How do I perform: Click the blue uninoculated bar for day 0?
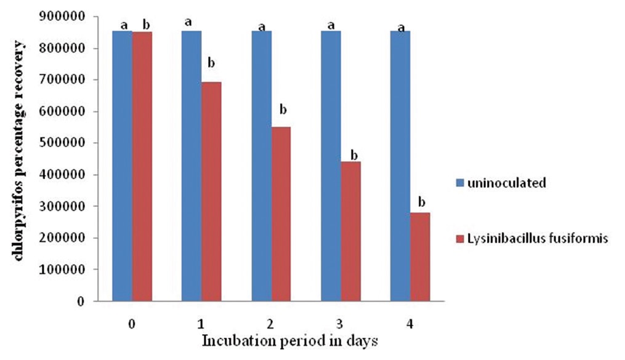click(x=123, y=166)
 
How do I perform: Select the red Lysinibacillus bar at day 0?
click(x=142, y=166)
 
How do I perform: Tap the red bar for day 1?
click(x=211, y=191)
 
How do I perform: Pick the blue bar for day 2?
click(x=262, y=166)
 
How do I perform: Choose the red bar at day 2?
click(x=281, y=214)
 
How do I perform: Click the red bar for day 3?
click(x=351, y=231)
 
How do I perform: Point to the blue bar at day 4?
click(x=400, y=166)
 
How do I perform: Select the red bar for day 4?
click(x=420, y=257)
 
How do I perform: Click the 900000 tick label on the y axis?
click(x=62, y=17)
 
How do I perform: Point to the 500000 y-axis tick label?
click(x=62, y=143)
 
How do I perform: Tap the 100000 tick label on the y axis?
click(x=62, y=270)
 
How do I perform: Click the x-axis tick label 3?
click(x=340, y=324)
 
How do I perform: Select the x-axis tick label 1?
click(x=201, y=324)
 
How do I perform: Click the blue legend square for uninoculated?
click(x=460, y=183)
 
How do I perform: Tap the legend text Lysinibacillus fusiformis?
click(x=538, y=238)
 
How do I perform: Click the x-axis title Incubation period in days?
click(x=290, y=341)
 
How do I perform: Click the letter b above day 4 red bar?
click(x=421, y=202)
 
